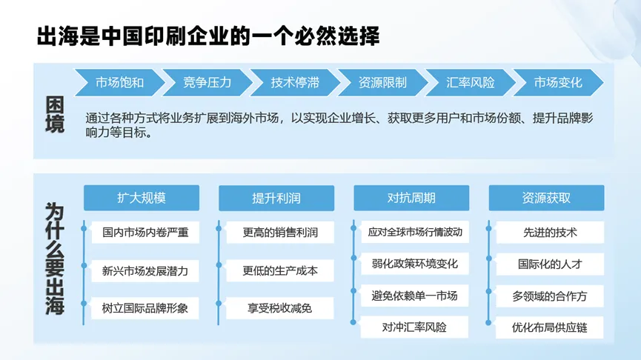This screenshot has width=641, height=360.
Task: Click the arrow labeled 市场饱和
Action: tap(119, 82)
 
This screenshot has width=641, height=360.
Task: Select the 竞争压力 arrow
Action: tap(207, 82)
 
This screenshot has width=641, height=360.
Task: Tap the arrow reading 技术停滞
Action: tap(295, 82)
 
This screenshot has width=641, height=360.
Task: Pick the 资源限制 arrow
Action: tap(382, 82)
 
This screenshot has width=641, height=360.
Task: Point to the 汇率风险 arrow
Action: tap(470, 82)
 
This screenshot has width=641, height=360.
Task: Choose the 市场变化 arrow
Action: tap(558, 82)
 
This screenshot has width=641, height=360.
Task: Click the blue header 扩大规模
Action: tap(142, 199)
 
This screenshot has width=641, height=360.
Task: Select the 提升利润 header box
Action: tap(276, 199)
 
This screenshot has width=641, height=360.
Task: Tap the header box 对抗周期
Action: tap(411, 199)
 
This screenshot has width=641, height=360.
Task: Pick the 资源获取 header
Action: tap(547, 199)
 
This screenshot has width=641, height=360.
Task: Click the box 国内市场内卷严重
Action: tap(145, 233)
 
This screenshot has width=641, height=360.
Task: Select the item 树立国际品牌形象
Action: tap(145, 308)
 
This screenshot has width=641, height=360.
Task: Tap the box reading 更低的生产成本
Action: tap(280, 270)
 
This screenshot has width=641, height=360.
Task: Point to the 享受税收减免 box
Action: tap(280, 308)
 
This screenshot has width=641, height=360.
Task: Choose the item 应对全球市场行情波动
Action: tap(415, 232)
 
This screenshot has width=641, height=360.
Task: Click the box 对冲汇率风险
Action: tap(414, 327)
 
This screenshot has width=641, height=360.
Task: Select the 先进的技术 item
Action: tap(550, 233)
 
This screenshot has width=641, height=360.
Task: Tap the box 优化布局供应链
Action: tap(550, 327)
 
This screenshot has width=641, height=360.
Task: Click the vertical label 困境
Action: tap(55, 115)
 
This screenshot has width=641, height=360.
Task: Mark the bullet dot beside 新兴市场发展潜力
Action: tap(84, 266)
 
